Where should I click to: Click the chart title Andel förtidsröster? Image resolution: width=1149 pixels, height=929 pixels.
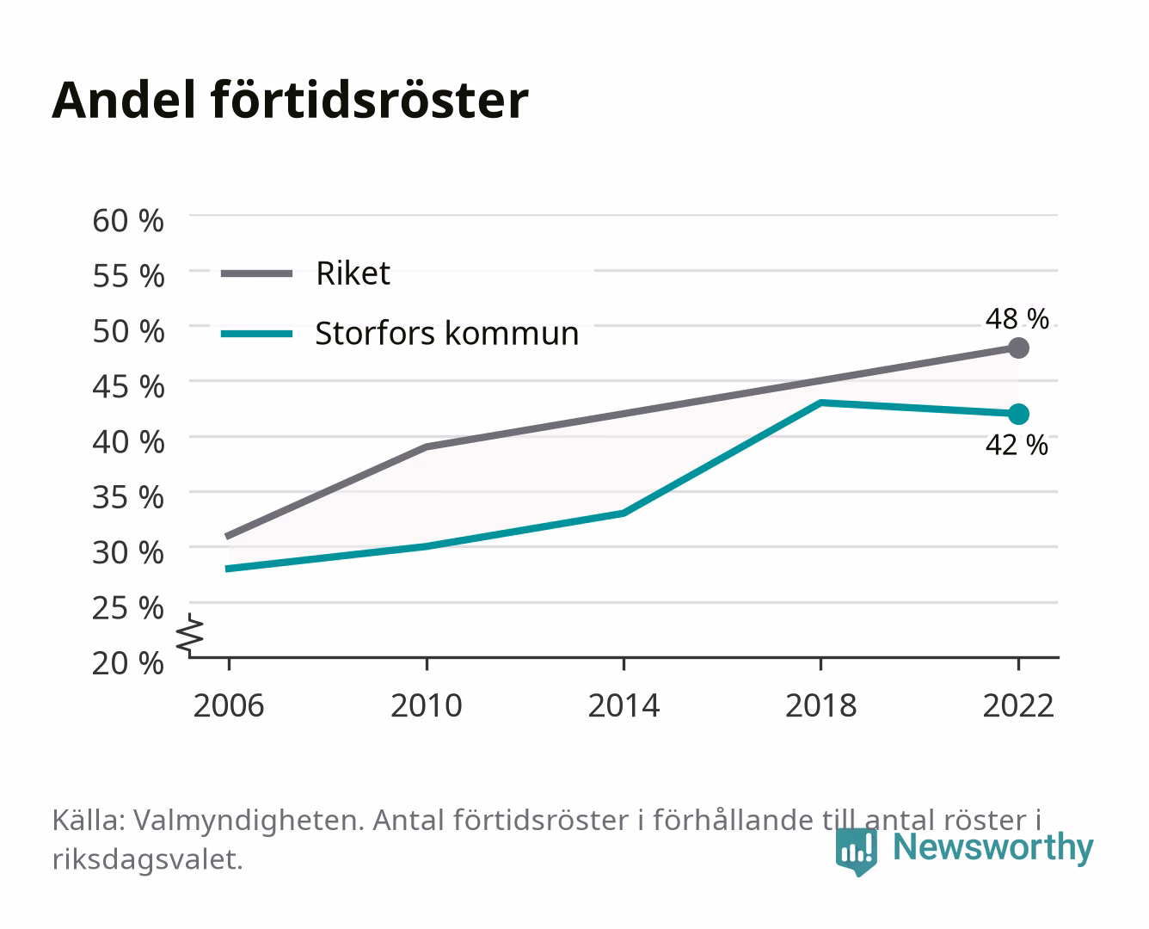[290, 101]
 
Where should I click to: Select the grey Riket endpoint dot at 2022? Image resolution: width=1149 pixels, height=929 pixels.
[1018, 348]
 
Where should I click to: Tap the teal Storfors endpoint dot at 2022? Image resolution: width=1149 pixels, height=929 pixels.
[1018, 415]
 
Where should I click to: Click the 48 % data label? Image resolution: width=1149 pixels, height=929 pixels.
[1017, 318]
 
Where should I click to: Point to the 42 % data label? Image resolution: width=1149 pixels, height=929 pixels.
[1017, 446]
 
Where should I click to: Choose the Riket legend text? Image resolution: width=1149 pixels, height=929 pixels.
[353, 274]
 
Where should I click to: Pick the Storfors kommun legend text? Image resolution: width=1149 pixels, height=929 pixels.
[446, 334]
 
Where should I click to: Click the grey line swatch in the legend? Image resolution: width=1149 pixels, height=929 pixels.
[257, 274]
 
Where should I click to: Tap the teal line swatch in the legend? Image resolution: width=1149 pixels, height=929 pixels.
[257, 334]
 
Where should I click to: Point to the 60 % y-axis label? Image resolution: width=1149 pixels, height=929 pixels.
[128, 221]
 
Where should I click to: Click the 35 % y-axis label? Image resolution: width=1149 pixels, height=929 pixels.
[128, 497]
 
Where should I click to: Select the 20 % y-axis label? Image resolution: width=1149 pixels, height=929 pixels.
[128, 663]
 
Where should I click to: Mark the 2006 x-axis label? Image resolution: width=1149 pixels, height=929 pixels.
[229, 705]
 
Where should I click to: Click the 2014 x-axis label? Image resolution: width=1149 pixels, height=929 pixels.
[624, 705]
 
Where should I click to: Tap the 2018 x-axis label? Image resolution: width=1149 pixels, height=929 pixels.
[821, 705]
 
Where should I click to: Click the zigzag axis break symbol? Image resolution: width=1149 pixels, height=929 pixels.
[190, 635]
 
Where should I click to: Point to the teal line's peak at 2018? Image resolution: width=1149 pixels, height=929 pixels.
[821, 403]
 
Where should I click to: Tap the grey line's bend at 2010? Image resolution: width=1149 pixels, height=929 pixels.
[427, 446]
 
